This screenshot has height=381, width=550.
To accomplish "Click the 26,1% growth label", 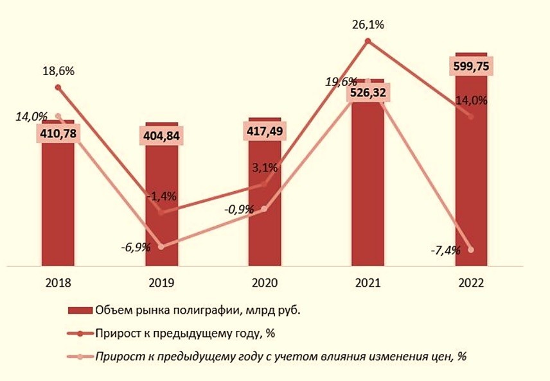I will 368,26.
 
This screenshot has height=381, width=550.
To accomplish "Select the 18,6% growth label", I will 58,71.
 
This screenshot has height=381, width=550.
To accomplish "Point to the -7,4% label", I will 445,250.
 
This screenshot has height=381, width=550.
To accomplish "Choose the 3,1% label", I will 264,168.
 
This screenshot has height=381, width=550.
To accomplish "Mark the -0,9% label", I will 238,209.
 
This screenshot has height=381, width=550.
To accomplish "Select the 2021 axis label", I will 368,283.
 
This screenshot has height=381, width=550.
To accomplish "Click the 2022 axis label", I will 471,283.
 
